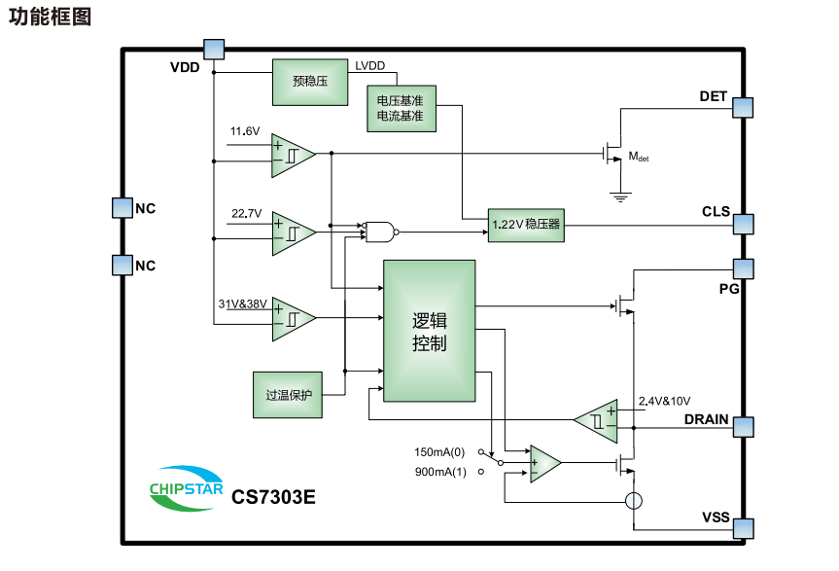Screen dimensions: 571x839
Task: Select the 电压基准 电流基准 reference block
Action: pos(400,108)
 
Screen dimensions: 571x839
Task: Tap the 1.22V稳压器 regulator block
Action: pos(525,225)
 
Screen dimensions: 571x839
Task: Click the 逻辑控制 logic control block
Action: pos(429,331)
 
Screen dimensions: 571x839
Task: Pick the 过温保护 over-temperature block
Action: pos(287,395)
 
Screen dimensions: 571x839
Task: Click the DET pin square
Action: pos(744,107)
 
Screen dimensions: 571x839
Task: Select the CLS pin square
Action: pos(744,223)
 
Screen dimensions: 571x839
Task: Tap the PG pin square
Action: pos(744,268)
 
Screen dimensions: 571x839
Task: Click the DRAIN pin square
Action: pos(744,427)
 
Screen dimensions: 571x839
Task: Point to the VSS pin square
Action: pos(744,528)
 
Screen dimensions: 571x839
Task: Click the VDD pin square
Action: pos(213,49)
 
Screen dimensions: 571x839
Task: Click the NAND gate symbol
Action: pos(379,232)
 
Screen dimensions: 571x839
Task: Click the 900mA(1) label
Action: pos(440,473)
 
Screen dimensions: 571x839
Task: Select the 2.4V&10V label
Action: pos(663,401)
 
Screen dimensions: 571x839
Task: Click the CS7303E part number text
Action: pos(273,497)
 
